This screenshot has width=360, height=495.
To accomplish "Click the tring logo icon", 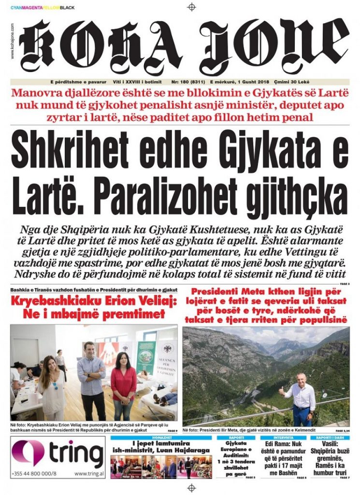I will coord(29,452).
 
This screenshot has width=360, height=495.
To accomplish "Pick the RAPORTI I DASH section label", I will coord(330,437).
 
